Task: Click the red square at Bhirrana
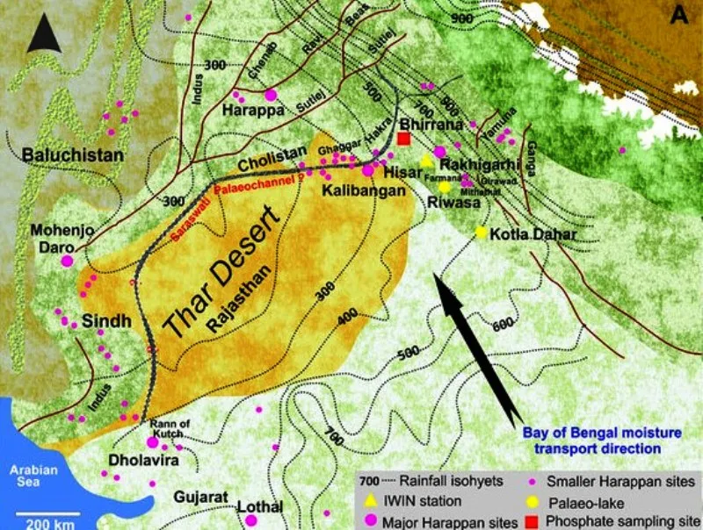[x=404, y=139]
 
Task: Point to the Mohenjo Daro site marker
[x=67, y=261]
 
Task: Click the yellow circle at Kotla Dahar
[x=481, y=232]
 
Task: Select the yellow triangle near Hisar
[x=427, y=161]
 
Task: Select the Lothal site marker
[x=251, y=520]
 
